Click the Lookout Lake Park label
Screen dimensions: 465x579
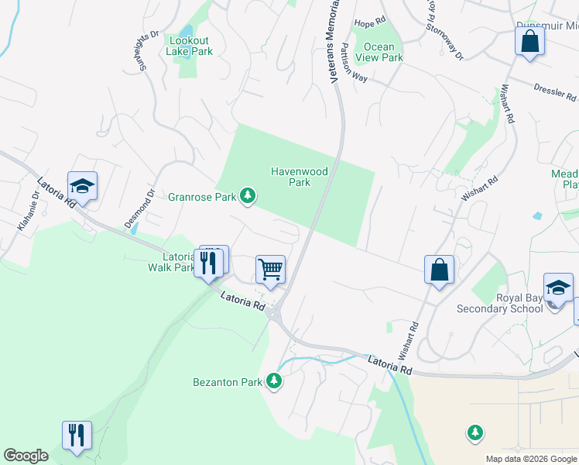click(x=189, y=46)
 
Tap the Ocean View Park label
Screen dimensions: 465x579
click(x=379, y=52)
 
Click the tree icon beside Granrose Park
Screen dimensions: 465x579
click(x=248, y=197)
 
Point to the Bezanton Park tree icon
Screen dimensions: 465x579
click(x=272, y=381)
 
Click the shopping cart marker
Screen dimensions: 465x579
click(x=270, y=270)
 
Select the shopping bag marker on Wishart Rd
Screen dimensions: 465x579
click(x=439, y=270)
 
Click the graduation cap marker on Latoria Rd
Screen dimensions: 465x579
click(x=82, y=186)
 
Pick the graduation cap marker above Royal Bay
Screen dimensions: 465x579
click(x=558, y=288)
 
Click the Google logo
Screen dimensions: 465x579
click(x=26, y=456)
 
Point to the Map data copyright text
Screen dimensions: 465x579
click(x=530, y=459)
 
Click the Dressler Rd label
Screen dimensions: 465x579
click(x=555, y=92)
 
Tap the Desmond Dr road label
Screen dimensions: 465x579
click(x=140, y=208)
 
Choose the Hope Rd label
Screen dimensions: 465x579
click(x=369, y=23)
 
